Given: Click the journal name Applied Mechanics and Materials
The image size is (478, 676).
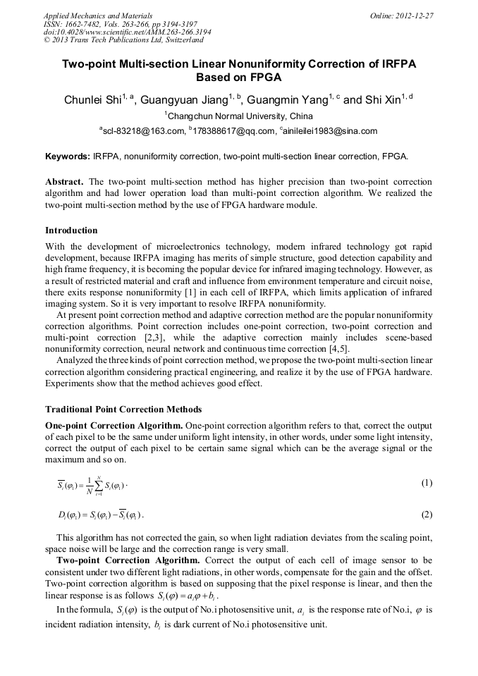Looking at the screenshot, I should (x=98, y=16).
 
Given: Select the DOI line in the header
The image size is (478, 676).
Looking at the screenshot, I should (x=127, y=32).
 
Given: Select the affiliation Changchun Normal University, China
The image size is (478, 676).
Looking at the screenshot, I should (x=240, y=116).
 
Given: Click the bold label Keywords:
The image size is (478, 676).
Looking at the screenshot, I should (x=68, y=156).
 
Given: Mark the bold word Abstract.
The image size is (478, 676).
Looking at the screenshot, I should (x=65, y=181).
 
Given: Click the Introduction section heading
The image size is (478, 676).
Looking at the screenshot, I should (x=71, y=231).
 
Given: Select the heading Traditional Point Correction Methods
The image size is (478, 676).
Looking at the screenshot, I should (x=123, y=409).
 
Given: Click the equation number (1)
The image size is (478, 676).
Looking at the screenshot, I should (x=426, y=483).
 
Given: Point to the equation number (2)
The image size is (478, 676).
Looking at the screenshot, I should (x=426, y=515).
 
